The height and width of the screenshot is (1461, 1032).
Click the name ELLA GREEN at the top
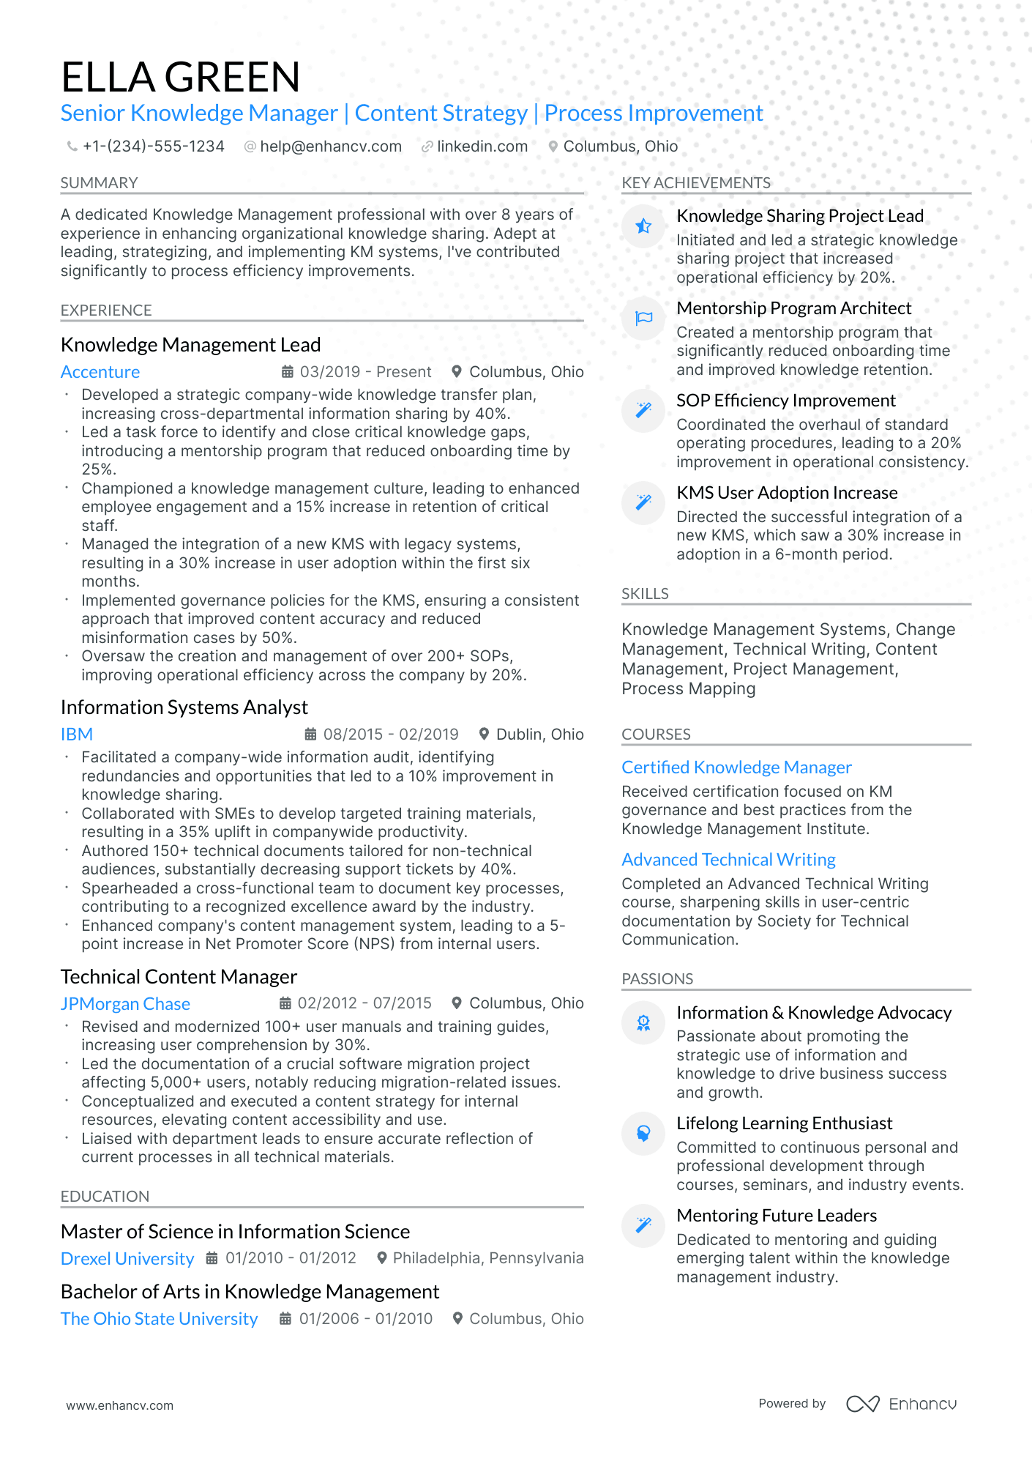(x=180, y=77)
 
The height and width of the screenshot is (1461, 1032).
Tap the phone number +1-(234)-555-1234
(x=153, y=146)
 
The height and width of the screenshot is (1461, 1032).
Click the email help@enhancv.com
(x=330, y=146)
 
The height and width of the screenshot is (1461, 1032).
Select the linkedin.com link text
(x=482, y=146)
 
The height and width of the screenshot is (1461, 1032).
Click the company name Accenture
(x=100, y=372)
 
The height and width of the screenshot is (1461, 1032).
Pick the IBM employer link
(x=77, y=735)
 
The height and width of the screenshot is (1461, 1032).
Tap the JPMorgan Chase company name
(x=125, y=1004)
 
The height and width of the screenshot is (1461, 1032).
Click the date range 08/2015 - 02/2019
(x=390, y=735)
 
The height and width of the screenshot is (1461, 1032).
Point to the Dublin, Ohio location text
(x=539, y=735)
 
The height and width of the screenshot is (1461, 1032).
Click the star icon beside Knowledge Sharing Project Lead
(x=643, y=226)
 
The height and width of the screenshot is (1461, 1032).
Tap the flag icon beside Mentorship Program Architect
(x=643, y=319)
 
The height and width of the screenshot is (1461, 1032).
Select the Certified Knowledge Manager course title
(x=736, y=767)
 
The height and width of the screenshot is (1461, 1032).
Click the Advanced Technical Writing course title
(x=728, y=860)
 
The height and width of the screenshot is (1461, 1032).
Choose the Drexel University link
(x=127, y=1259)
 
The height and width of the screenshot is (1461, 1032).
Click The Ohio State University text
(x=159, y=1319)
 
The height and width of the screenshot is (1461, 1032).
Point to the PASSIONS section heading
(x=657, y=979)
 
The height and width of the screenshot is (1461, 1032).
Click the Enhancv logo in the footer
(x=902, y=1404)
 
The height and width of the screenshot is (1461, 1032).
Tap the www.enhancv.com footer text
(x=119, y=1405)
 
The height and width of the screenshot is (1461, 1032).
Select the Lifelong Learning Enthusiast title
(x=784, y=1123)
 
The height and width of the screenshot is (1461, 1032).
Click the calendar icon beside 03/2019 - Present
(x=288, y=372)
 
